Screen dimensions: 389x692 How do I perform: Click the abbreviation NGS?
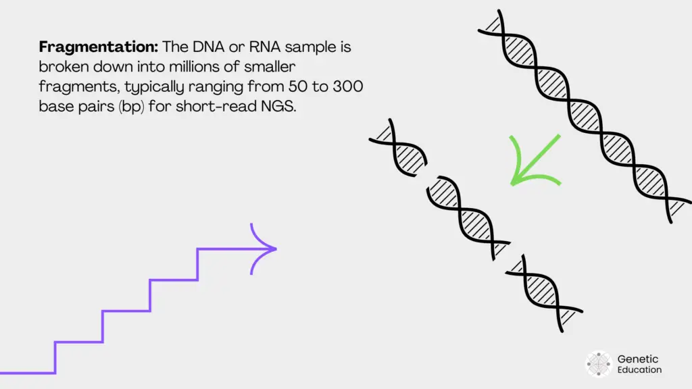tap(280, 107)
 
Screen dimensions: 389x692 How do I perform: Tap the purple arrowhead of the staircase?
tap(268, 249)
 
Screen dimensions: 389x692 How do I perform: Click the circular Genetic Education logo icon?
tap(598, 363)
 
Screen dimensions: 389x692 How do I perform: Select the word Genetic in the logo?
tap(638, 359)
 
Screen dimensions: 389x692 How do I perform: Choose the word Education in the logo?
tap(639, 370)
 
